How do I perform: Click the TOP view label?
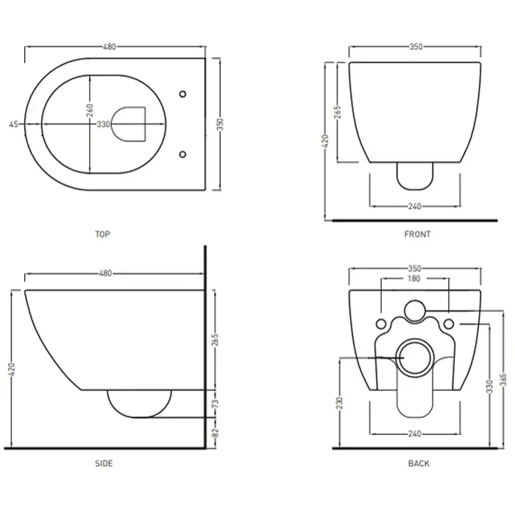coord(102,234)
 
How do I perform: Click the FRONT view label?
coord(417,234)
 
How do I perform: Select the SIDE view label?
coord(104,464)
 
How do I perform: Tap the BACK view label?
coord(419,464)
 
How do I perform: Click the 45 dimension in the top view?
coord(13,124)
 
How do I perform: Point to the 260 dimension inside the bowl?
coord(89,110)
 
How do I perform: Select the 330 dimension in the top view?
coord(104,124)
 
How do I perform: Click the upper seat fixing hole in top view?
coord(182,94)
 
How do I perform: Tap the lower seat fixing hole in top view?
coord(182,154)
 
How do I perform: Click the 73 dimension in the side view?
coord(215,403)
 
